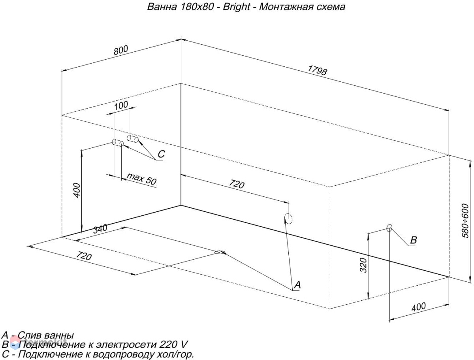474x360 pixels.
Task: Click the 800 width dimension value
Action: pos(121,50)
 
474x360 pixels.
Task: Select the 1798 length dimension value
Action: pos(317,70)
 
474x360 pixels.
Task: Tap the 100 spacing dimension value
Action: pos(121,106)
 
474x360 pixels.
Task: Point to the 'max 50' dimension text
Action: pos(141,179)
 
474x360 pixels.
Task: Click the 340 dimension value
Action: pos(100,229)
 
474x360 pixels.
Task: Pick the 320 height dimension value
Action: pos(363,266)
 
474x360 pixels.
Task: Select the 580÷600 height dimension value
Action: pos(465,221)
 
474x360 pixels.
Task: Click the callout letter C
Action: pos(161,154)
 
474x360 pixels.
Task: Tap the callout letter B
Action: pos(413,240)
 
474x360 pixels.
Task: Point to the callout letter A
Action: pos(297,285)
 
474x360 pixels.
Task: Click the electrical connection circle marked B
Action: pos(389,228)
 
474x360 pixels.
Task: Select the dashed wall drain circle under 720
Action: pos(289,219)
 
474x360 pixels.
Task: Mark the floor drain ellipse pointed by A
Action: pos(220,252)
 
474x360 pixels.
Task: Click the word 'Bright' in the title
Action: pos(236,7)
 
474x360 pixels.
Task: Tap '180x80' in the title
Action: pos(196,7)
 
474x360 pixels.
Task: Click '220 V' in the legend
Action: pos(173,344)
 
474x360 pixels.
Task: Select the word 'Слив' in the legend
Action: pos(29,335)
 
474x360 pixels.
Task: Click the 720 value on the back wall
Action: pos(237,184)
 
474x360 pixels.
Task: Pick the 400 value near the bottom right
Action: pos(418,307)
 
